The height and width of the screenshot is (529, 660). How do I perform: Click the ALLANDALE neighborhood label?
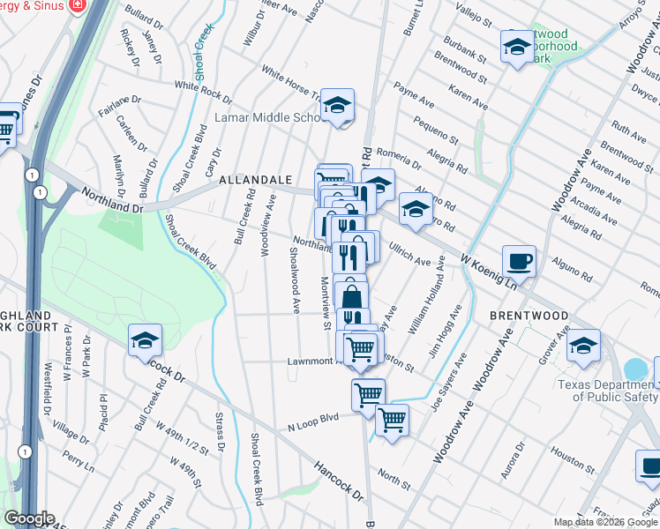coord(256,180)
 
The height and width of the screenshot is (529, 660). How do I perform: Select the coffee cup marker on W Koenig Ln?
coord(519,261)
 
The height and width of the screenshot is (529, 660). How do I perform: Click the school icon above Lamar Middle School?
coord(336,106)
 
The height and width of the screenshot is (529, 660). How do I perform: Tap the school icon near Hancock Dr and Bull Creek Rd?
coord(146,341)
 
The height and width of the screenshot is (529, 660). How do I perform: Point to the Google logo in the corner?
coord(29,519)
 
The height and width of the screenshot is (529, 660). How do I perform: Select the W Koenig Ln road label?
coord(488,271)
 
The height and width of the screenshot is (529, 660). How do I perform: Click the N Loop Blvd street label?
coord(313,422)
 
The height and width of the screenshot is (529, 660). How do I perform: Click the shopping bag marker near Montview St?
coord(351,295)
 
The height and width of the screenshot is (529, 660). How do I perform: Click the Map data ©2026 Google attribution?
coord(605,522)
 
